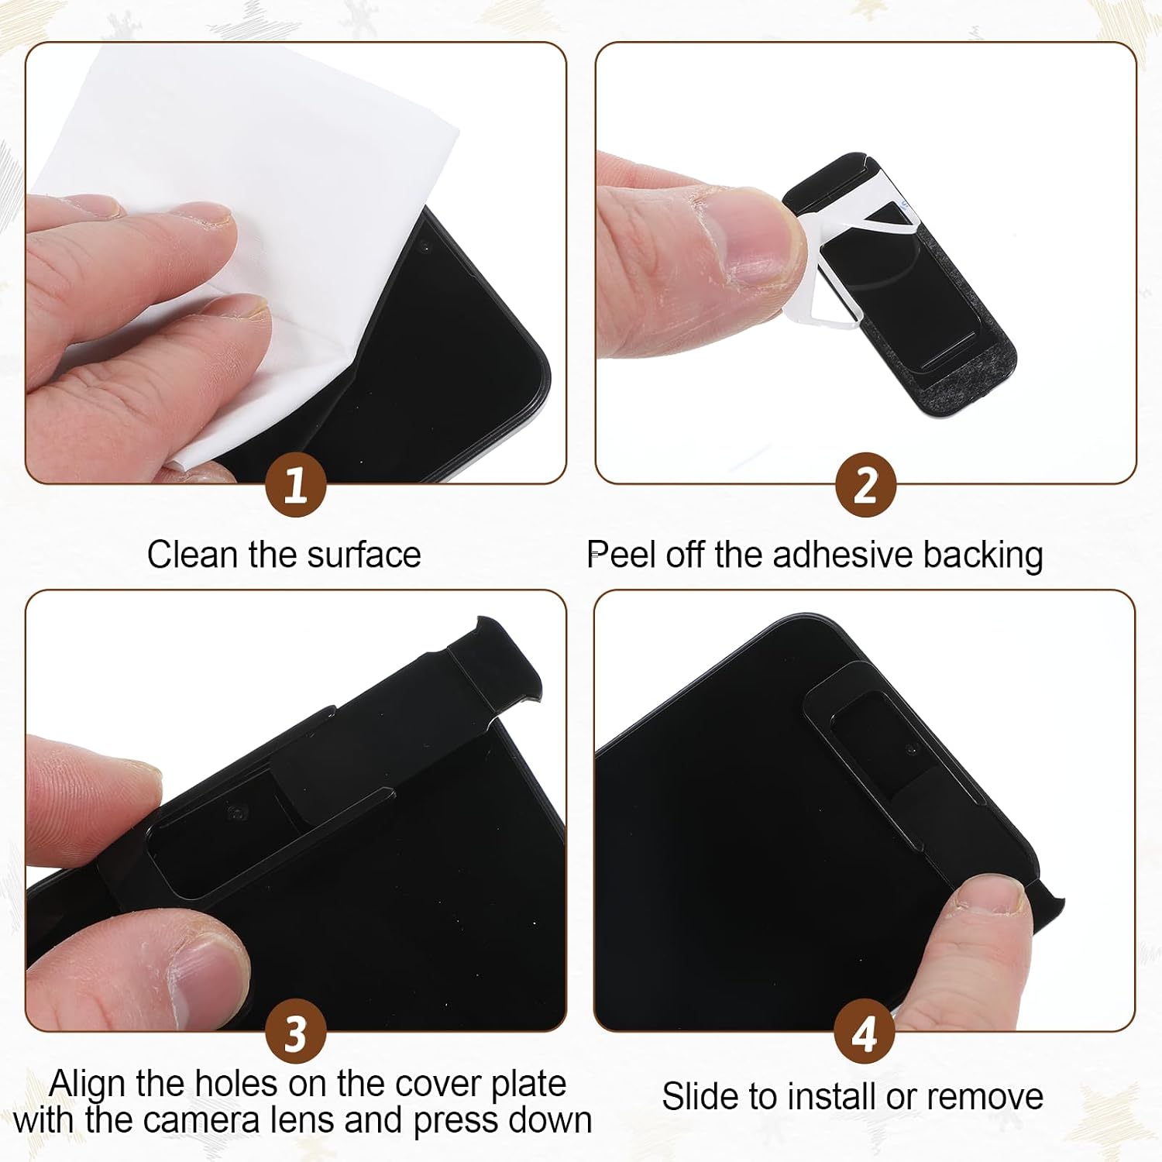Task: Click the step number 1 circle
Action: click(296, 486)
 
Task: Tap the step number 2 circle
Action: click(866, 486)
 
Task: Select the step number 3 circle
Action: click(296, 1033)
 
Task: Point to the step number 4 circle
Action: click(865, 1033)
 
